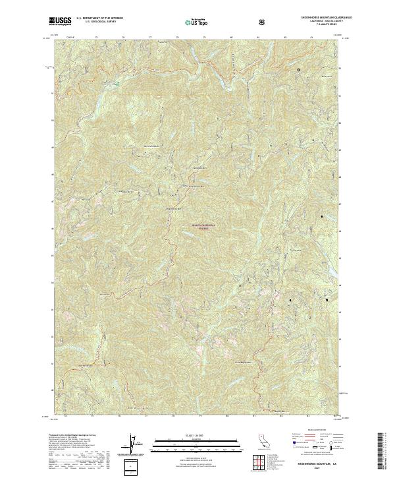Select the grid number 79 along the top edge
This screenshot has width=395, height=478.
click(204, 38)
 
